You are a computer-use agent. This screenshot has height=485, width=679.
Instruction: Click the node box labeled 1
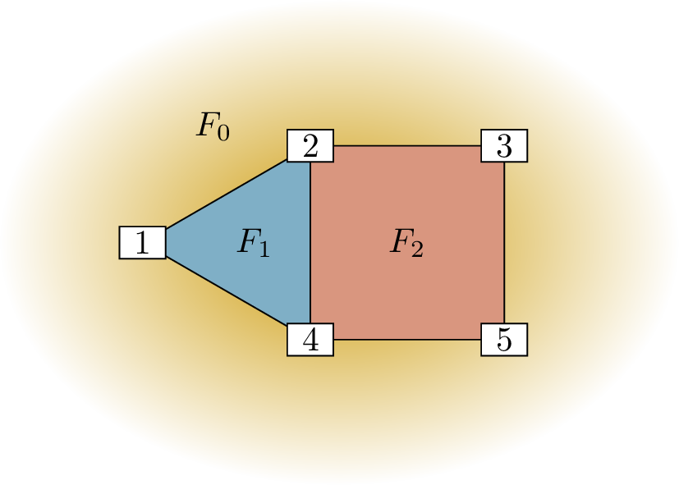pos(143,243)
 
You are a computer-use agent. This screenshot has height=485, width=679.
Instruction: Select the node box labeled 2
pos(310,146)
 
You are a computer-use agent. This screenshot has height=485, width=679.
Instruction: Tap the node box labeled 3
pos(504,146)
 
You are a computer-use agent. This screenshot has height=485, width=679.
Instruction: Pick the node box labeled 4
pos(310,340)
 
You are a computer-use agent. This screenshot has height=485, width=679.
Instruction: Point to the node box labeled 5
pos(504,340)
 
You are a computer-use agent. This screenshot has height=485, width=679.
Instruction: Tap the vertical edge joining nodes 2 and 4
pos(310,243)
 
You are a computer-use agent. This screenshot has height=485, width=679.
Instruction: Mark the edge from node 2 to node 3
pos(407,146)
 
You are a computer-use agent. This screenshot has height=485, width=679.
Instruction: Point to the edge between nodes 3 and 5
pos(504,243)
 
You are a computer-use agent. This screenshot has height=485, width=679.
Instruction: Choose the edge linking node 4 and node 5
pos(407,340)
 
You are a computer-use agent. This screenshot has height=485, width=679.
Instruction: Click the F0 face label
pos(212,126)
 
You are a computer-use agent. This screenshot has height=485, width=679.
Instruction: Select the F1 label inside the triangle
pos(253,244)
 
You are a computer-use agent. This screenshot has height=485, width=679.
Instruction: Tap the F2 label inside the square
pos(406,244)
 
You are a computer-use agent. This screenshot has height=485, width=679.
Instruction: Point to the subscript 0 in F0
pos(223,132)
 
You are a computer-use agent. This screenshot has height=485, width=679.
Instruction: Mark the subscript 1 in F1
pos(264,249)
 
